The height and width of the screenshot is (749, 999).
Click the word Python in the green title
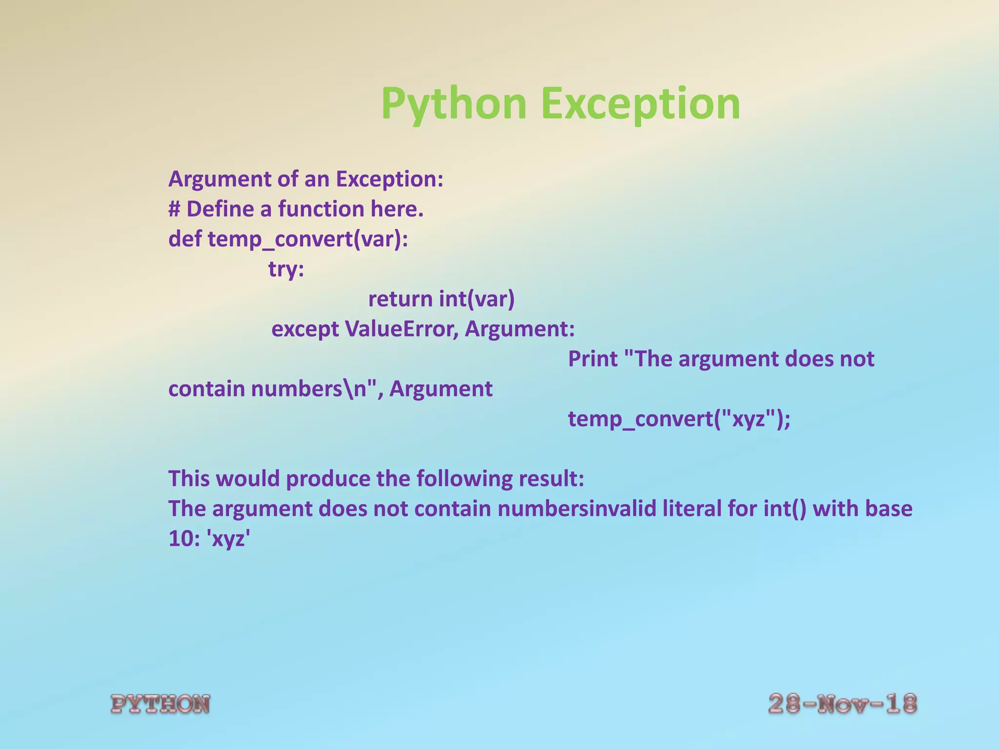(x=454, y=103)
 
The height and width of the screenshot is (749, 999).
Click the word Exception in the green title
(x=640, y=103)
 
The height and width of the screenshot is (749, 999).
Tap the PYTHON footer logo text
(x=160, y=704)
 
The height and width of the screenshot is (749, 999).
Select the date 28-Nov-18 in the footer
(x=842, y=704)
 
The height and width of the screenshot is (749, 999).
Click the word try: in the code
(x=286, y=269)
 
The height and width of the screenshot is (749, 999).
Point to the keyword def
(x=184, y=239)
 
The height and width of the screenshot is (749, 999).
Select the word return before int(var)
(x=400, y=299)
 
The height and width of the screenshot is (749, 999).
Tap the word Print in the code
(x=593, y=359)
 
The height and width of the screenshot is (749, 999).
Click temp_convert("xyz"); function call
(x=679, y=419)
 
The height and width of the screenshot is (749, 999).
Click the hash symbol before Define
(x=175, y=209)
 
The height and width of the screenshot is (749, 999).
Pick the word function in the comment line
(x=321, y=209)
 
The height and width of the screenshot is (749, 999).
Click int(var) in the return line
(x=477, y=299)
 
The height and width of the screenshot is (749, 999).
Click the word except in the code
(x=305, y=329)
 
